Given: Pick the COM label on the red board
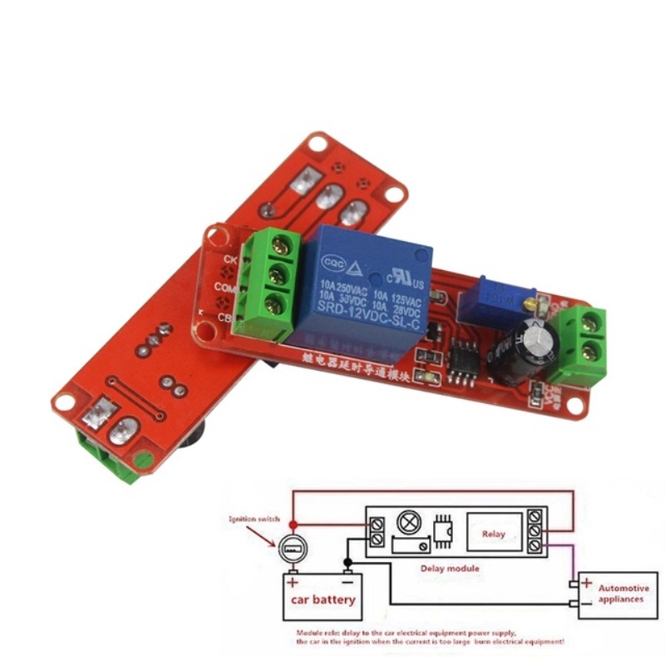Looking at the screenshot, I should click(224, 287).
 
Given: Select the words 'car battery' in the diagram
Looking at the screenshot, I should click(322, 598).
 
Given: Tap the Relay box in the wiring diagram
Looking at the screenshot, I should click(493, 535).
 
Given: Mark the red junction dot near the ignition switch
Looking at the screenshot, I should click(292, 523).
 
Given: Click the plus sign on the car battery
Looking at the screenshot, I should click(293, 581).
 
